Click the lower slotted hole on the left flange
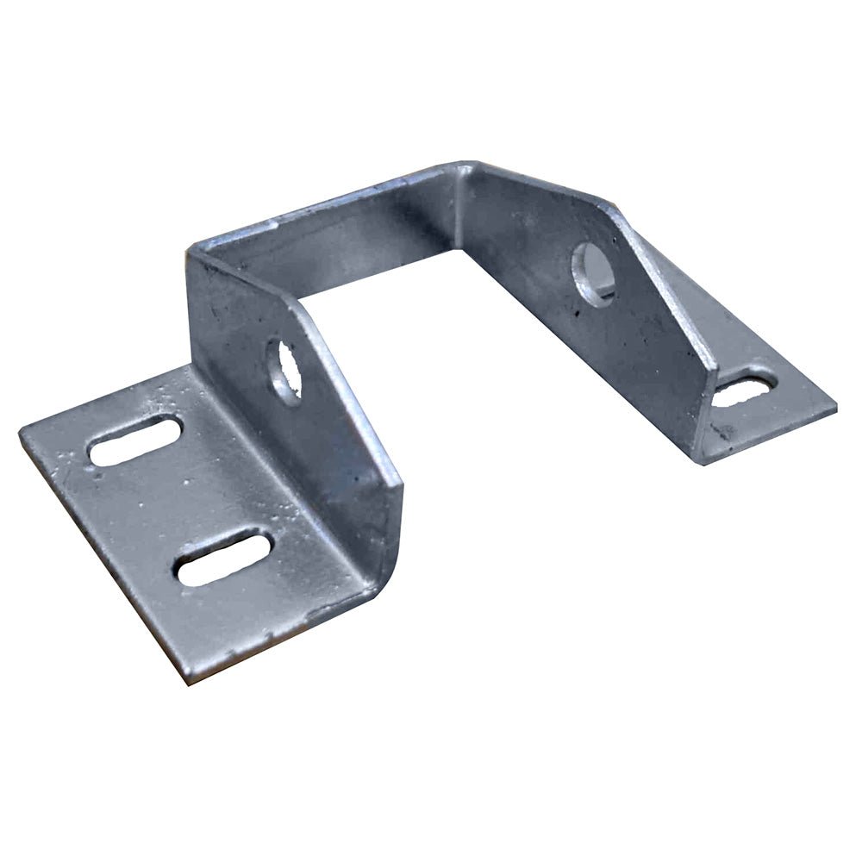(x=224, y=558)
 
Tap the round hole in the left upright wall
(x=284, y=372)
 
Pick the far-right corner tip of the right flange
(x=834, y=407)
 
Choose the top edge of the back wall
(x=328, y=203)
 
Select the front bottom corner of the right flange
(x=703, y=462)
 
